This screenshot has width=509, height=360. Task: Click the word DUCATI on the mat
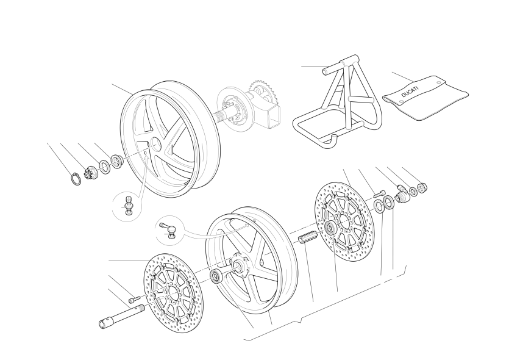pos(410,92)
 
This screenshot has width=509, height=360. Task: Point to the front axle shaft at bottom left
pos(122,316)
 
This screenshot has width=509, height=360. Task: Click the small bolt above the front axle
pos(133,300)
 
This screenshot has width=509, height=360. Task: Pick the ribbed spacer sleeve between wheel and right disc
pos(307,237)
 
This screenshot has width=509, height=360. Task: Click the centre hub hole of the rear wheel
pos(155,144)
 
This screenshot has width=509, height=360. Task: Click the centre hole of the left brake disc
pos(172,293)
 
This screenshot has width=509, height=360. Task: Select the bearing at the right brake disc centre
pos(331,228)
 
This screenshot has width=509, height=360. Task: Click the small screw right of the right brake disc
pos(379,194)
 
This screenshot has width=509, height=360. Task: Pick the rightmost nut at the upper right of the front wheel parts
pos(422,187)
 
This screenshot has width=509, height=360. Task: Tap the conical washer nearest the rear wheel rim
pos(116,161)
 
